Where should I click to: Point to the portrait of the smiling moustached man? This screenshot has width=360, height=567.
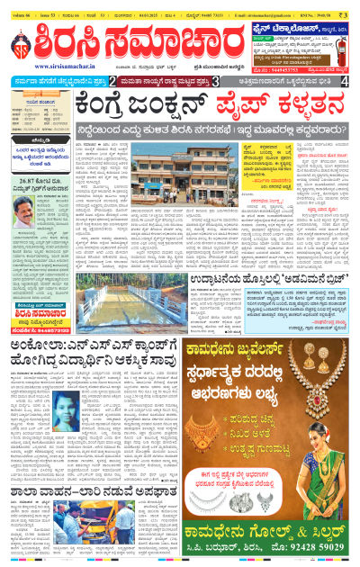pyautogui.click(x=22, y=213)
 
